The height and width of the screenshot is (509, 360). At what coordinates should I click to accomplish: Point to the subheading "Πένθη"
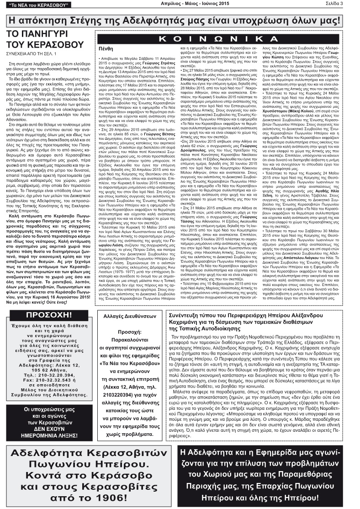106,48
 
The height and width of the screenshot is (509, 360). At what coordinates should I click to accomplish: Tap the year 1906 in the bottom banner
102,496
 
